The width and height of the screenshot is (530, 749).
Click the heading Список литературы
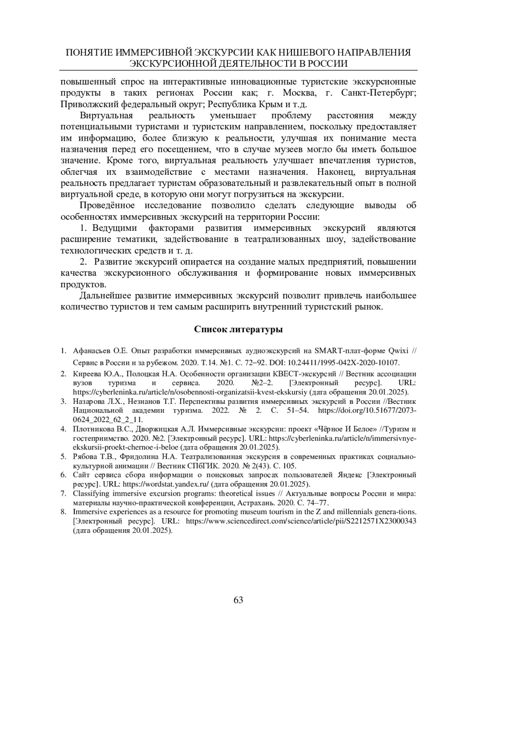click(x=238, y=330)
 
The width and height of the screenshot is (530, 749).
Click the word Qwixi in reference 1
click(x=397, y=351)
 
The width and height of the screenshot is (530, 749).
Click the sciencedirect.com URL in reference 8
click(x=302, y=521)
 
